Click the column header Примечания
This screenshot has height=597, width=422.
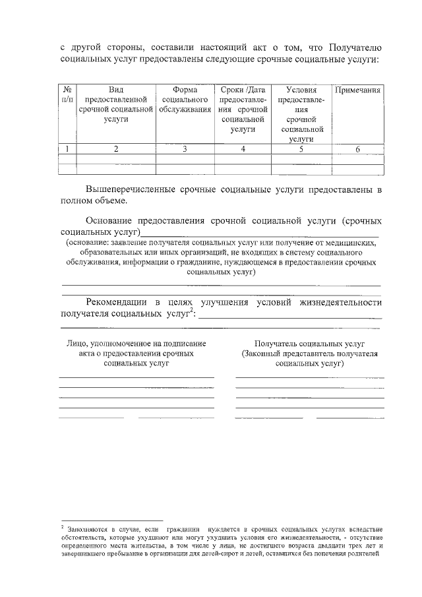[358, 90]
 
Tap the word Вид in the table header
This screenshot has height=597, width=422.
[115, 90]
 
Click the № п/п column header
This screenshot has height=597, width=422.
[68, 94]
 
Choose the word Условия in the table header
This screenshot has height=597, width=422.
[301, 90]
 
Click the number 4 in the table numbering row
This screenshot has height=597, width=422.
[243, 149]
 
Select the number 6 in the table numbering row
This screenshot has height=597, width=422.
[358, 149]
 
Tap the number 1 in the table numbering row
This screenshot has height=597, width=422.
[68, 149]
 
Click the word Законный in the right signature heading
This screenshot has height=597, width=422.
[261, 354]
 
